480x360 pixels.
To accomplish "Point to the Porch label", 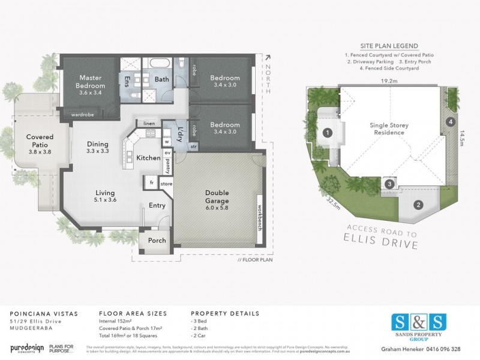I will point(157,241).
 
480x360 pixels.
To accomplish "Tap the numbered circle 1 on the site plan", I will point(328,132).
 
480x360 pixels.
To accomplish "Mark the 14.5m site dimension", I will point(464,136).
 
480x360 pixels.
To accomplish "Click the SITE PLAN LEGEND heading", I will point(389,46).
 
